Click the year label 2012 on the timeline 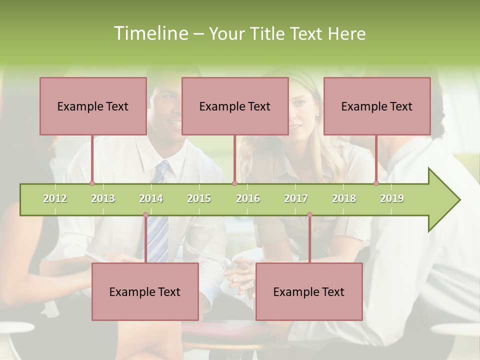(55, 198)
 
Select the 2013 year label (103, 198)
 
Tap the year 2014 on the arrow (151, 198)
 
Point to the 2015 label (199, 198)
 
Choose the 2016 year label (248, 198)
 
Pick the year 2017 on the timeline (296, 198)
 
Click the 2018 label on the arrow (344, 198)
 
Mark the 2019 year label (392, 198)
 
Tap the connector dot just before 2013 (92, 183)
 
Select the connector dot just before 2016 (234, 183)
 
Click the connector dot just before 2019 (376, 183)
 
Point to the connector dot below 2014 (145, 215)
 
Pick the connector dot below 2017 (309, 215)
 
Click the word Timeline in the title (150, 33)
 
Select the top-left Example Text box (93, 106)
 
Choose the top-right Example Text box (377, 106)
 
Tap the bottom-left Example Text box (145, 291)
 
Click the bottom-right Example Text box (309, 291)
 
